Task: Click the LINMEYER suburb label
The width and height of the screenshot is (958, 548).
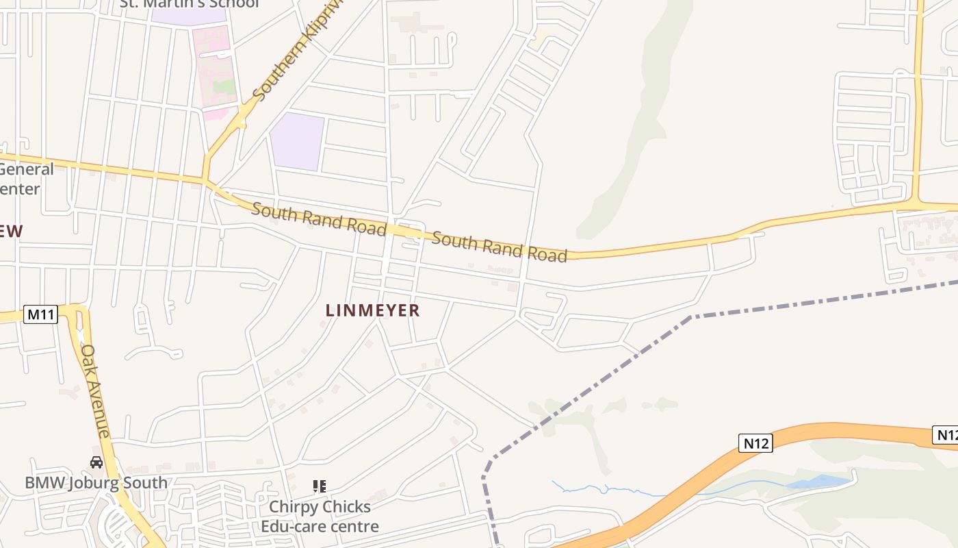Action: tap(372, 310)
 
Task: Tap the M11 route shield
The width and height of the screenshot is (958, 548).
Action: tap(41, 314)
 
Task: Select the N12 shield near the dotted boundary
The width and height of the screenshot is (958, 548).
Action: tap(756, 443)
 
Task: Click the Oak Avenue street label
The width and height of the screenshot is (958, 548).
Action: tap(95, 390)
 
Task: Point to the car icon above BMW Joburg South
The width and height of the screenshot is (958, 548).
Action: tap(96, 462)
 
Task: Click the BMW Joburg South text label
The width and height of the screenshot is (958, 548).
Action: tap(96, 482)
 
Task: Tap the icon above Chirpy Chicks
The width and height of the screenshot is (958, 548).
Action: tap(319, 486)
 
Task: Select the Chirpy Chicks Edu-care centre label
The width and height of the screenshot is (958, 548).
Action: tap(320, 516)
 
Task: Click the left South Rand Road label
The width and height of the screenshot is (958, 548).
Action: tap(319, 219)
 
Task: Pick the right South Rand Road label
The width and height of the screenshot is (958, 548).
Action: tap(500, 247)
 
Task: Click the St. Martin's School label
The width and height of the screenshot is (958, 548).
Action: tap(190, 3)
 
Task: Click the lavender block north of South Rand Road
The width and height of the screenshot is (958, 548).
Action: tap(296, 141)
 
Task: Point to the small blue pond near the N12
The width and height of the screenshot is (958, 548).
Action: tap(818, 482)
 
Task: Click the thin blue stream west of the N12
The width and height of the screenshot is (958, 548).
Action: tap(602, 489)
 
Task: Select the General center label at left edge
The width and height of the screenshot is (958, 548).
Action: tap(26, 179)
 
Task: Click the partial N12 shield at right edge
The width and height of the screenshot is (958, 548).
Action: tap(946, 434)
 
